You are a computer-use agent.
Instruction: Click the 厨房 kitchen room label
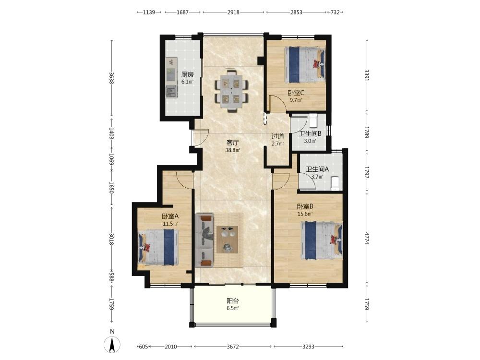coord(187,74)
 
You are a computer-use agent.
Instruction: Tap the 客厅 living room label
coord(233,143)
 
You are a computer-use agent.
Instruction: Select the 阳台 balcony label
coord(233,300)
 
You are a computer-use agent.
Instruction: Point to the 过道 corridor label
coord(277,136)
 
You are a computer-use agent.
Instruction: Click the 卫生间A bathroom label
coord(317,169)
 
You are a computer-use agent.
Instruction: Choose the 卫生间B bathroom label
coord(310,134)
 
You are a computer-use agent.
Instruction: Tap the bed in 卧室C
coord(305,65)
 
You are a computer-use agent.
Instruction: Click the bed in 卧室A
coord(158,247)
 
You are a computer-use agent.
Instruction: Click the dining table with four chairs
coord(231,91)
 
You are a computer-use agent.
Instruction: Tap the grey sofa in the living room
coord(204,241)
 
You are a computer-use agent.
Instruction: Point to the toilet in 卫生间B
coord(313,120)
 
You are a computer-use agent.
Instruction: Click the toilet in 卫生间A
coord(335,183)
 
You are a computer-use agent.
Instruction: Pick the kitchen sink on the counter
coord(171,91)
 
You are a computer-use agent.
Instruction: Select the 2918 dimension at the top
coord(233,12)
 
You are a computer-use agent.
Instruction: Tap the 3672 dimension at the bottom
coord(233,347)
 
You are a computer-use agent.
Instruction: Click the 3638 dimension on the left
coord(111,78)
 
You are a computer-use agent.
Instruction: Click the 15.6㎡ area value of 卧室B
coord(305,214)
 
